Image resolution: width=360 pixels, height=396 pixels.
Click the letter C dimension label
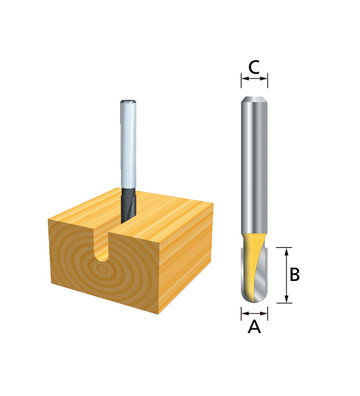[254, 68]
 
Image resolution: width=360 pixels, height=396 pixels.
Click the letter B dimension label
[295, 275]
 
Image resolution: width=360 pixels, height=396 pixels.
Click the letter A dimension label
[254, 327]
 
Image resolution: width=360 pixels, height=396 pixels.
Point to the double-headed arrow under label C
[254, 79]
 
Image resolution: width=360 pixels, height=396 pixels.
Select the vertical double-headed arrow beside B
[286, 275]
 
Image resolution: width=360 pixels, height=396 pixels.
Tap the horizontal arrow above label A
[254, 313]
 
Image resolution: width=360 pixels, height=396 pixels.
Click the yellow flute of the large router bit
[252, 263]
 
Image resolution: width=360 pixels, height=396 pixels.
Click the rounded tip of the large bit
[255, 298]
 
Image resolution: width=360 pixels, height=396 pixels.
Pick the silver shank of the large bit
[254, 167]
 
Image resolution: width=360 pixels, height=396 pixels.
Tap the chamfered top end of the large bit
[254, 99]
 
